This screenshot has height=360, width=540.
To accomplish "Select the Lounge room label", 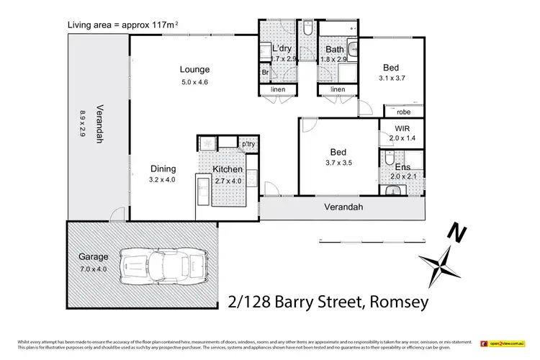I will click(194, 70).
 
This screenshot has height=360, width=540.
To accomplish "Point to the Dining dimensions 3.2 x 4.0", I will click(162, 179).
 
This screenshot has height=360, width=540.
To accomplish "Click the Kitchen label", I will click(228, 169).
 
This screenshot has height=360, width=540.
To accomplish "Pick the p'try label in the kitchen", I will click(248, 144).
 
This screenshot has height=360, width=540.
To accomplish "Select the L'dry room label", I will click(281, 48).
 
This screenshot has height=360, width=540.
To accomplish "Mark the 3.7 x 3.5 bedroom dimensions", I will click(338, 163).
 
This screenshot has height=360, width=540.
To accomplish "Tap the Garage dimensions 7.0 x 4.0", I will click(94, 269).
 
